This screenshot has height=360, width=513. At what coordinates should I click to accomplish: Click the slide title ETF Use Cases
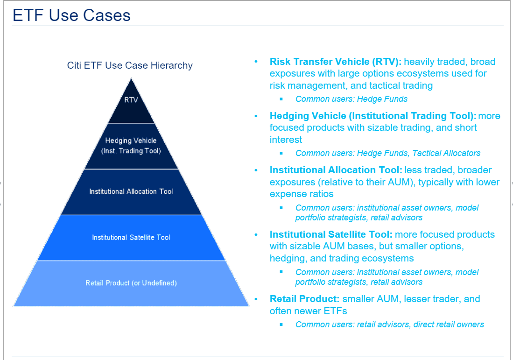(x=71, y=15)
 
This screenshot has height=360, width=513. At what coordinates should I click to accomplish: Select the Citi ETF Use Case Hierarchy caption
(x=130, y=65)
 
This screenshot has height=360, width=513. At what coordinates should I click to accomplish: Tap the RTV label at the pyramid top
(x=131, y=99)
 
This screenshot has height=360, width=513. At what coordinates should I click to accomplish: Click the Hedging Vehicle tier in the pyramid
(x=131, y=146)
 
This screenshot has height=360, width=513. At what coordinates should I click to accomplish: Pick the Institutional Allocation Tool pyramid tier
(x=131, y=191)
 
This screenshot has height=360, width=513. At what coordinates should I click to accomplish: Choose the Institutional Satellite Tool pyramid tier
(x=131, y=237)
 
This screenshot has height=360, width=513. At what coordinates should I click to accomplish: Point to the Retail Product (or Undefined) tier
(x=131, y=283)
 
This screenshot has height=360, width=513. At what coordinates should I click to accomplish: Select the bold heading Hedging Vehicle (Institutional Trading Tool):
(x=372, y=116)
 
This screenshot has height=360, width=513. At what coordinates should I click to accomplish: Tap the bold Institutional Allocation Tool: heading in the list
(x=336, y=170)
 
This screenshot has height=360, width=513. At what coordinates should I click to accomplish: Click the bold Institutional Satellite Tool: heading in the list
(x=331, y=234)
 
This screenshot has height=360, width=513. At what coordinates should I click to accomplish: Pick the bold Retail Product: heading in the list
(x=304, y=299)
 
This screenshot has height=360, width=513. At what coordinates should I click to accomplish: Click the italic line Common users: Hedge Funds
(x=351, y=99)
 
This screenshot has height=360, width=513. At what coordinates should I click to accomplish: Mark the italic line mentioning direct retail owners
(x=389, y=325)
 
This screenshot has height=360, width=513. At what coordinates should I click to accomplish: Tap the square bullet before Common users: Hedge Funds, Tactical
(x=281, y=153)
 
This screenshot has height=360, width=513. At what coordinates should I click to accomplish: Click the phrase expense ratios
(x=302, y=194)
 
